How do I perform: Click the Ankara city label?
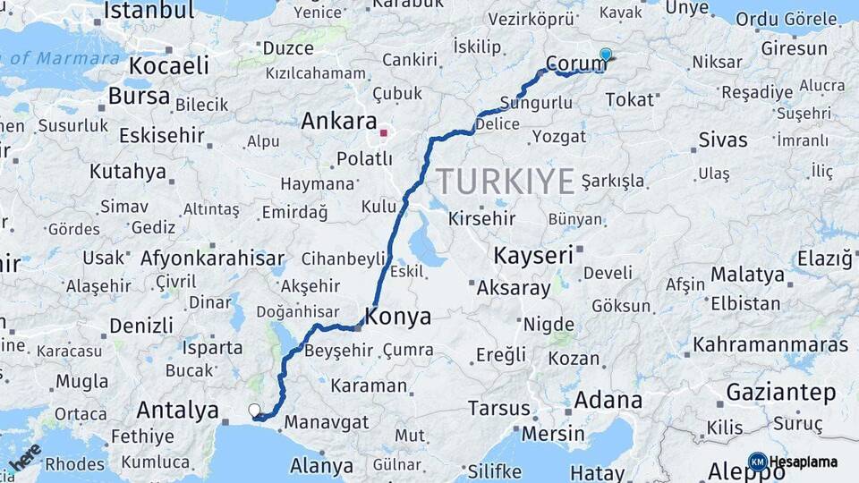(339, 121)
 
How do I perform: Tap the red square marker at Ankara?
(384, 133)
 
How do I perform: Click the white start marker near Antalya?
(255, 411)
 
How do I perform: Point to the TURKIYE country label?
(506, 182)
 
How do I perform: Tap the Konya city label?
(398, 317)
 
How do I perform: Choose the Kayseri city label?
(533, 255)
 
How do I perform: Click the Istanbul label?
(149, 11)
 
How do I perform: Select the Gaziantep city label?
(781, 392)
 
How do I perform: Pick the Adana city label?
(608, 400)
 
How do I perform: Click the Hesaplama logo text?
(803, 462)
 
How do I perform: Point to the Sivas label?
(722, 140)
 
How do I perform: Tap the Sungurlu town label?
(537, 102)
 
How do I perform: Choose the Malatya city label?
(747, 274)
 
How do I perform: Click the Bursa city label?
(139, 96)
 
